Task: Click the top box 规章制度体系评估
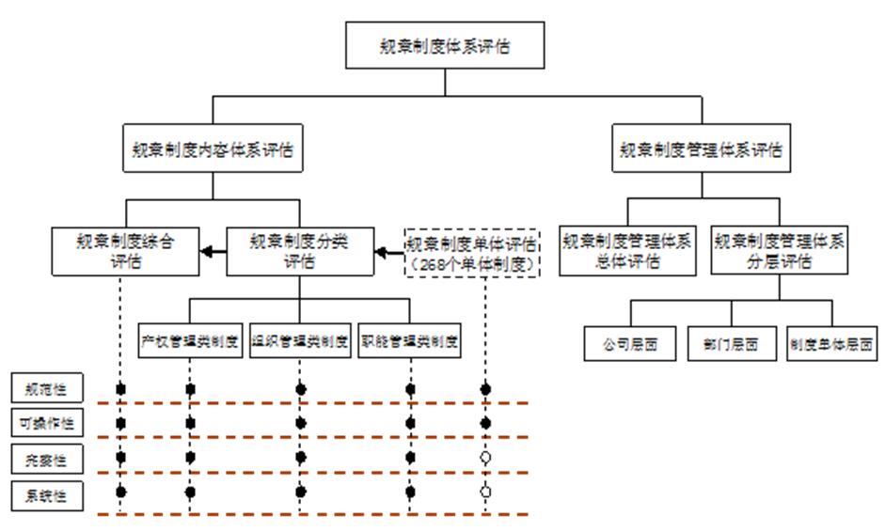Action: point(445,45)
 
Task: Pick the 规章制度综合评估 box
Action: point(125,251)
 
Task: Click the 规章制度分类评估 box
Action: point(299,251)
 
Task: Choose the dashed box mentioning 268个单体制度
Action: point(472,252)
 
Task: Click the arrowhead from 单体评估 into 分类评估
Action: point(381,251)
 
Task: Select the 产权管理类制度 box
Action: point(190,341)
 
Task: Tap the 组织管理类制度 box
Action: point(300,341)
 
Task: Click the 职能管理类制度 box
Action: point(410,341)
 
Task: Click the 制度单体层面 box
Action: point(832,343)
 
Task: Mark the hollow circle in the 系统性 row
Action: point(485,491)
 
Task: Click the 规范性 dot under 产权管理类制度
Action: point(190,388)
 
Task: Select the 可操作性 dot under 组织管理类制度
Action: point(301,423)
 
